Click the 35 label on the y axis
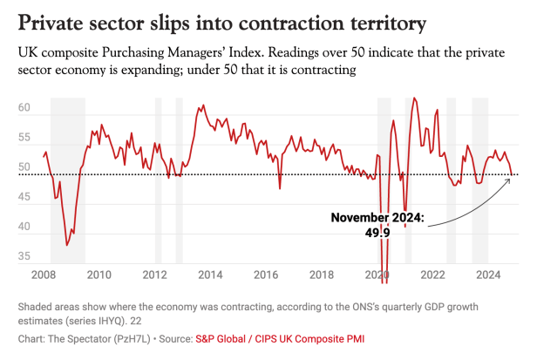pos(24,257)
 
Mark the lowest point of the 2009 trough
pos(67,245)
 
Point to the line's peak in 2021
pos(413,98)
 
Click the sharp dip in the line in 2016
pos(280,187)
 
